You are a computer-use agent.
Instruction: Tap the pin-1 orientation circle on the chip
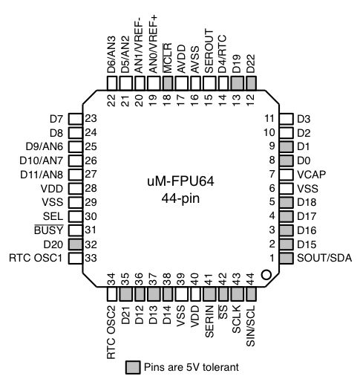(x=266, y=274)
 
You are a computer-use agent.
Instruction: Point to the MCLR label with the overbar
(x=167, y=56)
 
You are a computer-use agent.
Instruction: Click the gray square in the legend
(x=132, y=366)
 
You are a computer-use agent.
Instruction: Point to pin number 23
(x=91, y=118)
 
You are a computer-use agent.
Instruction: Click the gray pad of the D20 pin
(x=73, y=244)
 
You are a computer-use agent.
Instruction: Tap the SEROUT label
(x=209, y=50)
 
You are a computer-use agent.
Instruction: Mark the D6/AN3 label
(x=111, y=53)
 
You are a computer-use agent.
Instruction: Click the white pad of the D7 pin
(x=73, y=118)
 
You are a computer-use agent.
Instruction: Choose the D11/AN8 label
(x=43, y=174)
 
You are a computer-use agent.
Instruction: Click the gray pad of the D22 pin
(x=251, y=83)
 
